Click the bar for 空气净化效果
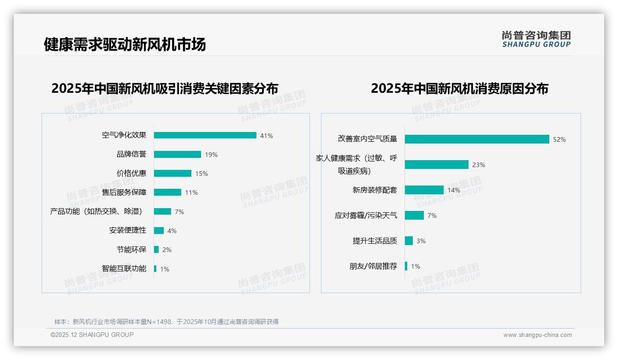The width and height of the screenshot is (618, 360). pos(205,135)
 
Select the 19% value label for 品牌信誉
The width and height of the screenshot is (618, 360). pos(211,155)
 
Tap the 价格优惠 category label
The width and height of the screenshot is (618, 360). pos(131,174)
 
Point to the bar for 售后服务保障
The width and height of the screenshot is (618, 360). pos(167,192)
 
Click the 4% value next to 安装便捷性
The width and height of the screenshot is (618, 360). pos(172,231)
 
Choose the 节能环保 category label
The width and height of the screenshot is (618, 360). pos(131,250)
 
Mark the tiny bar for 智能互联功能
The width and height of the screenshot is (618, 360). pos(155,269)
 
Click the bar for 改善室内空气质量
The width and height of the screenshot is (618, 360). pos(477,139)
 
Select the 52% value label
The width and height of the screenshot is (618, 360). pos(559,139)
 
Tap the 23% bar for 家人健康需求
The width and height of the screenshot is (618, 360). pos(437,165)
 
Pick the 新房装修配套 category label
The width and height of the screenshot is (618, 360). pos(374,190)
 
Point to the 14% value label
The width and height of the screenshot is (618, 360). pos(454,190)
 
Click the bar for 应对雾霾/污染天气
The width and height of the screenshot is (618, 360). pos(414,216)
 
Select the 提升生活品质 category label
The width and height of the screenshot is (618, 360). pos(374,241)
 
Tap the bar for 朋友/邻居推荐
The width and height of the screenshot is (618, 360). pos(406,266)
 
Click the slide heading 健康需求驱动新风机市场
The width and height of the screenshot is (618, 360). pos(125,45)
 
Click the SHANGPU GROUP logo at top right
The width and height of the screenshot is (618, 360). pos(536,39)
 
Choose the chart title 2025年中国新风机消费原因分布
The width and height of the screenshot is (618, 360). pos(459,89)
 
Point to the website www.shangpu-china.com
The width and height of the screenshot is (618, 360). pos(537,335)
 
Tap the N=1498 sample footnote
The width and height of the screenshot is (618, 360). pos(166,322)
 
